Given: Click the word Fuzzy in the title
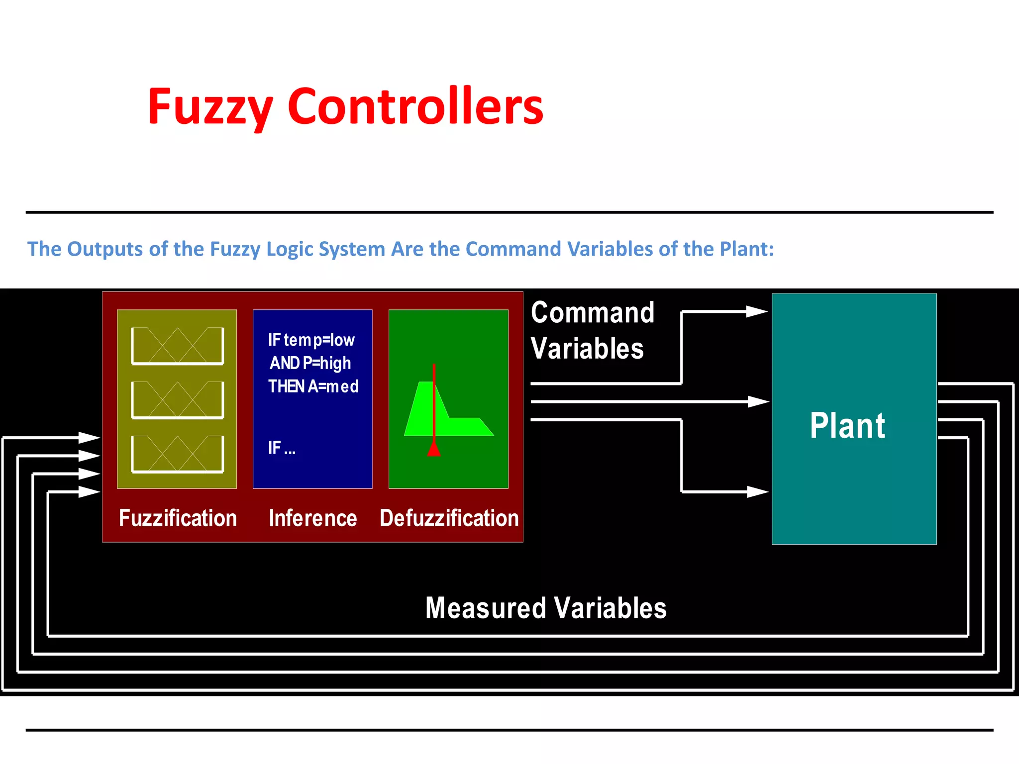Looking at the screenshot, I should pos(210,106).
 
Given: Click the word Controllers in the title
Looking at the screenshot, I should pos(415,106).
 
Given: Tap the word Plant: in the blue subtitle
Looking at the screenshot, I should pos(747,249).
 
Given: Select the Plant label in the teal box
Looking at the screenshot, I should pos(847,426).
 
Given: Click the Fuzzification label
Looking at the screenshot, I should pos(178,518).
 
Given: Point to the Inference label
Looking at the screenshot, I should pos(313,518).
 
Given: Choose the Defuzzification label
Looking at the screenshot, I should pos(449,518).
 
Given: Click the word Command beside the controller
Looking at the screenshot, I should pos(593,313).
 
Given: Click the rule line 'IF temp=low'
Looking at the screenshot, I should pos(311,340).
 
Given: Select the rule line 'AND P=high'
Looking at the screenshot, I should pos(310,363).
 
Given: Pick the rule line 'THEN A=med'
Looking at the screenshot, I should pos(313,386).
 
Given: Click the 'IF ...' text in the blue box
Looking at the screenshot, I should pos(282,448).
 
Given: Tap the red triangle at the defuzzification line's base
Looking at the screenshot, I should pos(434,449).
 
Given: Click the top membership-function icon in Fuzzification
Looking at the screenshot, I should pos(178,346).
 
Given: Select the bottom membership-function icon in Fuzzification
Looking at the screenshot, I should pos(178,454).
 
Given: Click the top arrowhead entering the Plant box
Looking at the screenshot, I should pos(757,312).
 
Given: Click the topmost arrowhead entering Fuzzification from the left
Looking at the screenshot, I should pos(90,438).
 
